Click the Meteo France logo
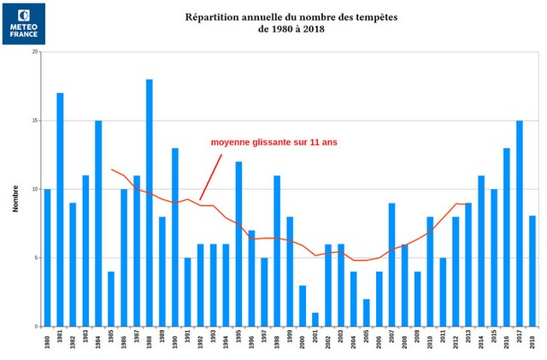[24, 23]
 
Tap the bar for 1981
[60, 210]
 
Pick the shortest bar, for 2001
[315, 320]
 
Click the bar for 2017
[520, 223]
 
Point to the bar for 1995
[238, 244]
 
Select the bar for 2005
[367, 313]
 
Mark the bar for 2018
[532, 271]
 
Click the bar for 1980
[47, 257]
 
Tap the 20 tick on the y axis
[35, 51]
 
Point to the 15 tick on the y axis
[35, 121]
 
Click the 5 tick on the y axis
[37, 258]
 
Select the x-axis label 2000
[303, 341]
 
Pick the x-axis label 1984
[98, 341]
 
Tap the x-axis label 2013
[468, 341]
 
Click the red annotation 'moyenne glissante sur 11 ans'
[273, 142]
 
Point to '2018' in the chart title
[312, 29]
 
